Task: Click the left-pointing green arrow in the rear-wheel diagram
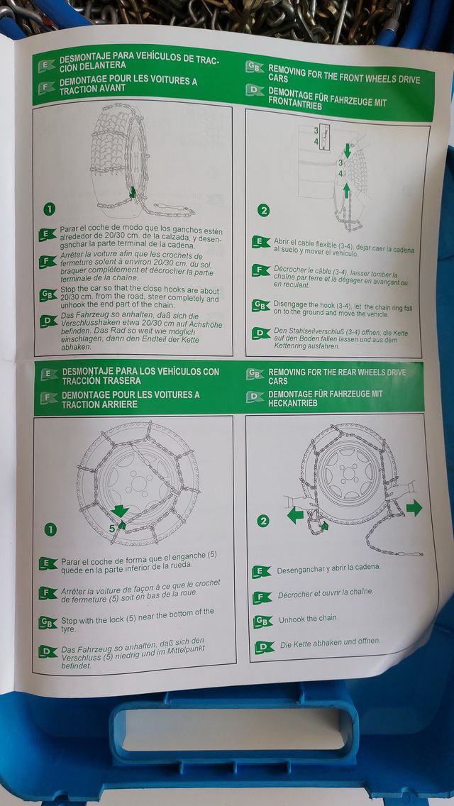pyautogui.click(x=295, y=514)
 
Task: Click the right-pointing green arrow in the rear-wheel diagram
pyautogui.click(x=414, y=508)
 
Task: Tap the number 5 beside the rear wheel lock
pyautogui.click(x=111, y=528)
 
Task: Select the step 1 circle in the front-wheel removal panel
pyautogui.click(x=50, y=209)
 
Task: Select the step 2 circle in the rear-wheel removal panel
pyautogui.click(x=262, y=521)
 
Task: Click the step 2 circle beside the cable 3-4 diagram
pyautogui.click(x=263, y=210)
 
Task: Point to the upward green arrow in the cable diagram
pyautogui.click(x=347, y=191)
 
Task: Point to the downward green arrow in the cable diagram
pyautogui.click(x=347, y=150)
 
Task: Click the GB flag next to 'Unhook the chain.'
pyautogui.click(x=262, y=621)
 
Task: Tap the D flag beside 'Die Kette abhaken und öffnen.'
pyautogui.click(x=265, y=647)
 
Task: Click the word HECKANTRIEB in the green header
pyautogui.click(x=292, y=404)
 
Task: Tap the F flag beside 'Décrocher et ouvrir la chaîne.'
pyautogui.click(x=262, y=597)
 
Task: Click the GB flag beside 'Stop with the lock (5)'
pyautogui.click(x=48, y=622)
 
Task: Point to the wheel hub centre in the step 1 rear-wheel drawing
pyautogui.click(x=138, y=482)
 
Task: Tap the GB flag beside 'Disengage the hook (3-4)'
pyautogui.click(x=261, y=305)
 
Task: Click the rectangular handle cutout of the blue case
pyautogui.click(x=234, y=729)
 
